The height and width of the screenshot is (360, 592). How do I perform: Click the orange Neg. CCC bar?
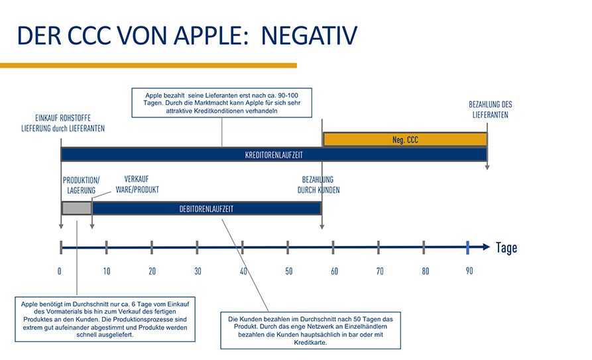(405, 140)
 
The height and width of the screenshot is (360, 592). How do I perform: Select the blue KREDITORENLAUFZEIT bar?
(274, 154)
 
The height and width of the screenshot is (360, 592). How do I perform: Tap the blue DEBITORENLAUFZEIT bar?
(206, 208)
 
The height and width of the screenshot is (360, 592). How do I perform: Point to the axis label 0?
(60, 271)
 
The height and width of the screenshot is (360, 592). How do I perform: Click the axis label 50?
(288, 271)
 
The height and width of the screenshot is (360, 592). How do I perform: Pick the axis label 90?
(469, 271)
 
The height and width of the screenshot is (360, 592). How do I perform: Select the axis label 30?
(198, 271)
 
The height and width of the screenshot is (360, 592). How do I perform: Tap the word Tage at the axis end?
(506, 248)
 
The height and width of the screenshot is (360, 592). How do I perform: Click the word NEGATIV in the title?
(309, 36)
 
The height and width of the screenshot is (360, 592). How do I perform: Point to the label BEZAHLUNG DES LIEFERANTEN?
(491, 109)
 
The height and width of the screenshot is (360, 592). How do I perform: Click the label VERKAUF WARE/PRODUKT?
(137, 184)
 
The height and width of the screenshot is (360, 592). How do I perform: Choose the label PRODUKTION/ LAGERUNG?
(82, 185)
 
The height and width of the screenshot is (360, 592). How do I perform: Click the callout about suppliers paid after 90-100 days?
(222, 103)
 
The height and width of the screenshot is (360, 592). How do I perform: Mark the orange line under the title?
(148, 65)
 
